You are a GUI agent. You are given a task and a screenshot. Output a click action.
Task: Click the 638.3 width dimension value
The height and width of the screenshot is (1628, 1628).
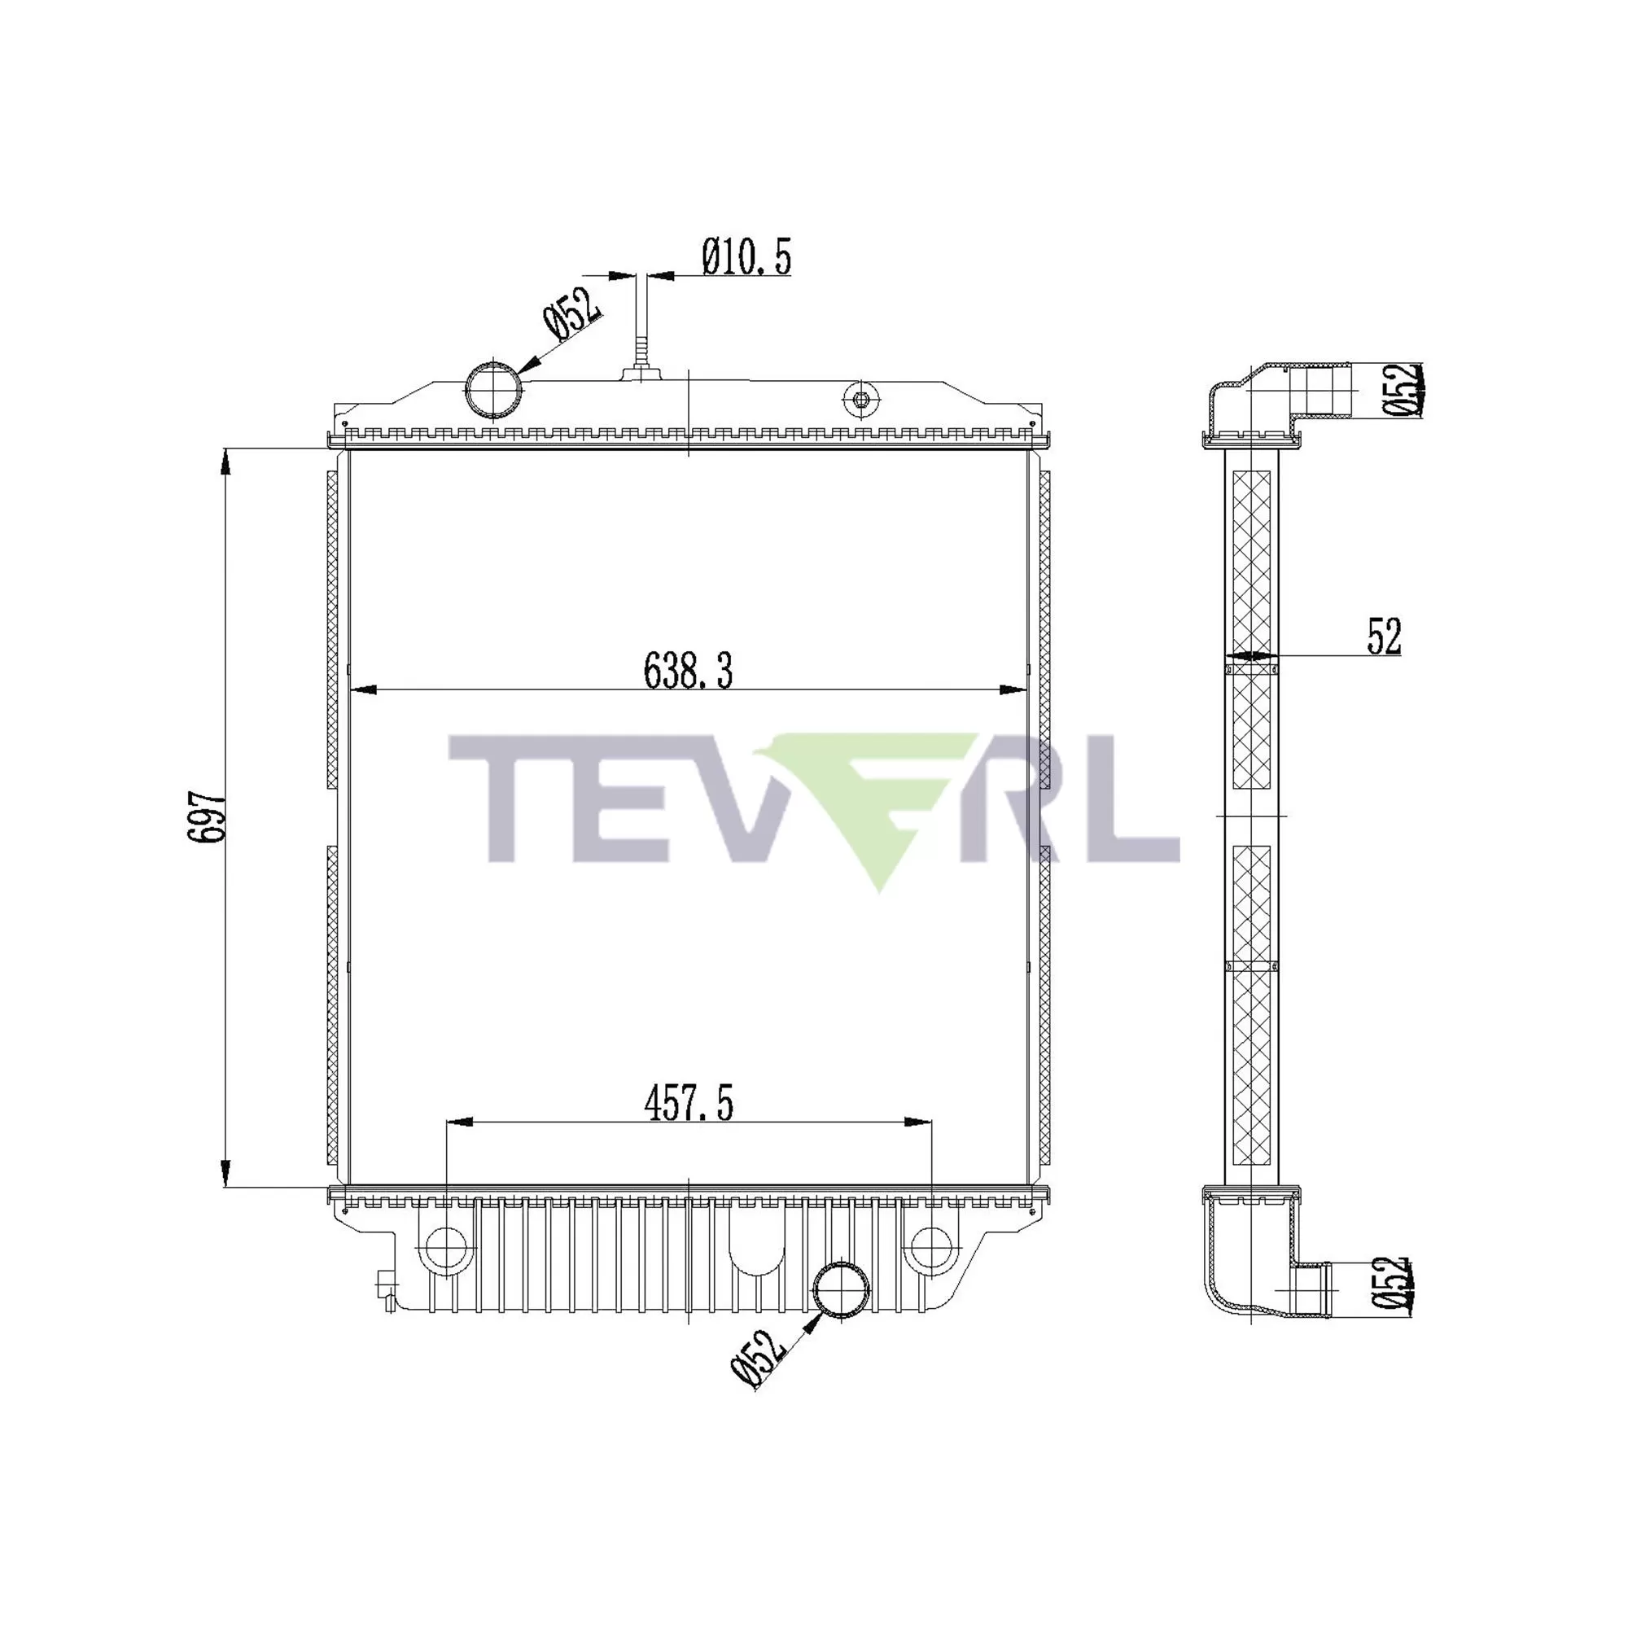tap(688, 672)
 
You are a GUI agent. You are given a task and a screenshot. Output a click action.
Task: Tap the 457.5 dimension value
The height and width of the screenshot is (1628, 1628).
tap(689, 1104)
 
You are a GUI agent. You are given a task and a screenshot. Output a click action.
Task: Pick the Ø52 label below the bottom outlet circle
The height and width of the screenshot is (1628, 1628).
tap(759, 1359)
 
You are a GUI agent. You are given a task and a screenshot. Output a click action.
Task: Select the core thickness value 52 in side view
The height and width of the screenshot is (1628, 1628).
tap(1384, 637)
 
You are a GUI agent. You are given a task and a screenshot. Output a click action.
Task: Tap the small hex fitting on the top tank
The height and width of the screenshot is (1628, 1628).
tap(860, 400)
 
